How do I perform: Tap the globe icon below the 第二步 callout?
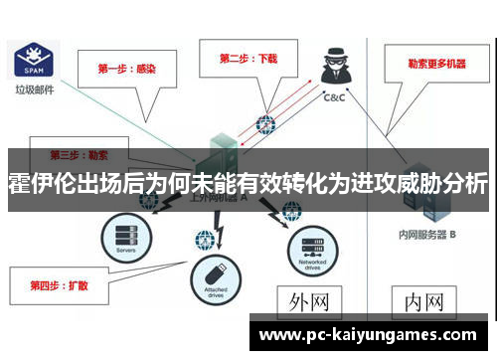(265, 125)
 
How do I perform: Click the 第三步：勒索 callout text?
(80, 155)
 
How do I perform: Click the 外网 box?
(309, 299)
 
